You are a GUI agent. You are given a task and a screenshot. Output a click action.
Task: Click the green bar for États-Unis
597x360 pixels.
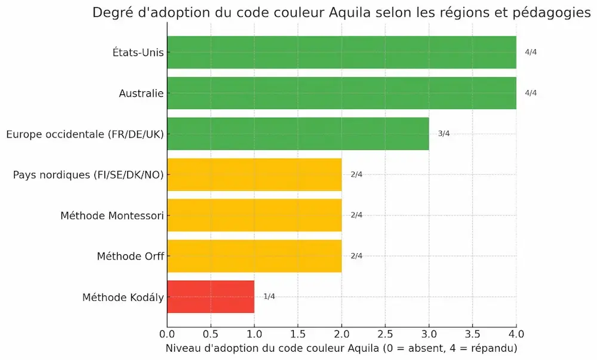[x=341, y=53]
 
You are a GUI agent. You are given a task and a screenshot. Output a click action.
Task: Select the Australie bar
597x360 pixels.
[x=341, y=93]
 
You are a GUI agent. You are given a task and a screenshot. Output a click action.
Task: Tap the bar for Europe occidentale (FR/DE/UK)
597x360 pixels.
[x=298, y=134]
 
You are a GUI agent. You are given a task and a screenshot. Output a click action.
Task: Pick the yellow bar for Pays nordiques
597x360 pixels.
[x=254, y=174]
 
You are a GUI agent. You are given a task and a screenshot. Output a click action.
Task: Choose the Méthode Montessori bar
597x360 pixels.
[x=254, y=215]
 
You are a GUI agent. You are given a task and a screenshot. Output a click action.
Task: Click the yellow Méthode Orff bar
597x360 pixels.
[x=254, y=256]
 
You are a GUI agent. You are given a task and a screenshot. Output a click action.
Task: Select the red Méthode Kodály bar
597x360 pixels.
[x=211, y=297]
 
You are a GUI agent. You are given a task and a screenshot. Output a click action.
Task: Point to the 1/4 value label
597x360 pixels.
[x=269, y=297]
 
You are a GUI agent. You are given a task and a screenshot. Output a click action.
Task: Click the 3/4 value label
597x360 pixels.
[x=444, y=134]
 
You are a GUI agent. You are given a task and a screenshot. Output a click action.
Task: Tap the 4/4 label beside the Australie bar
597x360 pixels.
[x=531, y=93]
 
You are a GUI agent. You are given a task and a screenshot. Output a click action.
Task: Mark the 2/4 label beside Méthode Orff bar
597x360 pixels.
[x=356, y=256]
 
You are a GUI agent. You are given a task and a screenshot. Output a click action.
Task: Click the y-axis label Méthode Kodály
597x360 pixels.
[x=122, y=297]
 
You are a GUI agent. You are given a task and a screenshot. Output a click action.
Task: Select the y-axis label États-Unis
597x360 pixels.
[x=138, y=53]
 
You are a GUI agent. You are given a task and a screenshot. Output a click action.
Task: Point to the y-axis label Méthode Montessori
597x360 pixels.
[x=112, y=216]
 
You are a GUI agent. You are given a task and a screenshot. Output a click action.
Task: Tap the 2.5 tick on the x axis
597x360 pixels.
[x=385, y=333]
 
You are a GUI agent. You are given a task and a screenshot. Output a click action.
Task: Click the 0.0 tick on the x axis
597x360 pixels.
[x=167, y=333]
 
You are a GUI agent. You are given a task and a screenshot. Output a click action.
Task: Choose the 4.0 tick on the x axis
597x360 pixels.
[x=516, y=333]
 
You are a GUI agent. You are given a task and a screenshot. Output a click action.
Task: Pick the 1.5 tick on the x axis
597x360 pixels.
[x=298, y=333]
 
